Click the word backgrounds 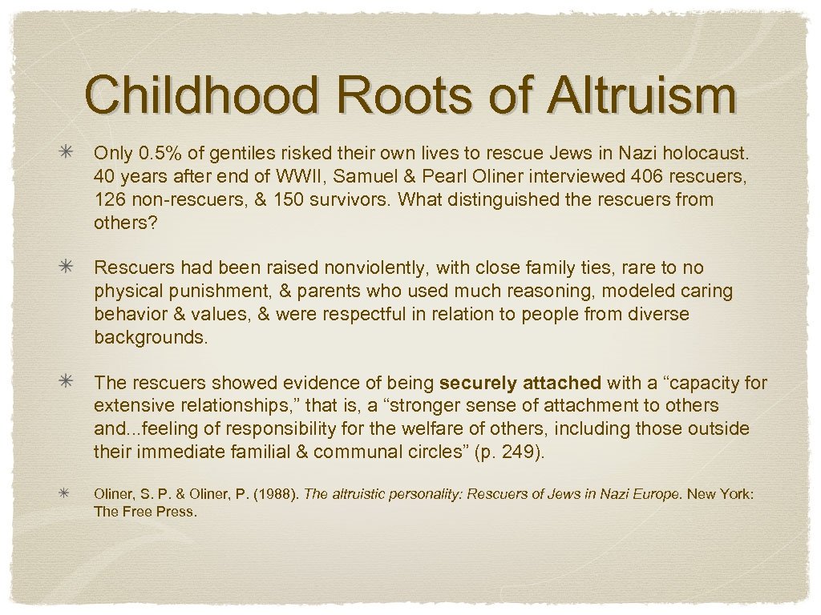point(151,336)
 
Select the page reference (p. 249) point(509,452)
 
